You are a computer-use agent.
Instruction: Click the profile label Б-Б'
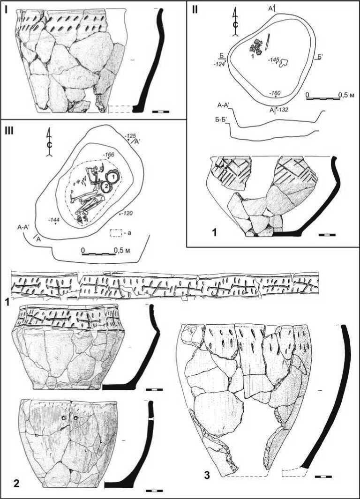[x=220, y=124]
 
